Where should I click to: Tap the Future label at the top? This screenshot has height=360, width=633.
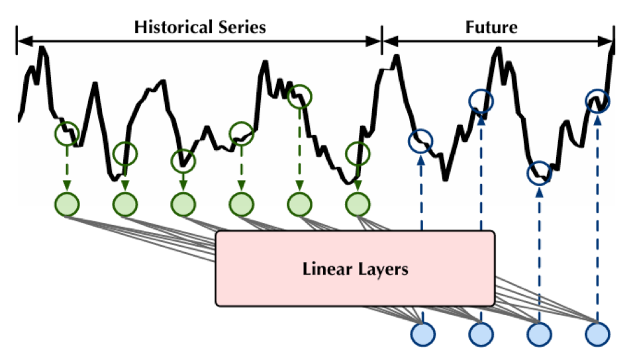coord(491,27)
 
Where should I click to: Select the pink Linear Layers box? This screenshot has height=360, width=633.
coord(355,268)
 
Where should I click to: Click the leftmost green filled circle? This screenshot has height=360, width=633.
coord(67,203)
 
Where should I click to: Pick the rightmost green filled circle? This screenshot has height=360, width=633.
coord(358,203)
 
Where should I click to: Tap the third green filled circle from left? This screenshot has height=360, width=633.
coord(183,203)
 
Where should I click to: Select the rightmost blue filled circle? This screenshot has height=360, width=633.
coord(598,332)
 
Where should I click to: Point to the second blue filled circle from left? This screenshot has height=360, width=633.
coord(481,332)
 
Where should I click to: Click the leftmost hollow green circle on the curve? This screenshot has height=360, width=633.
coord(67,134)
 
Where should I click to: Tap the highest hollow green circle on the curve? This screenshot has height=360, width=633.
coord(300,96)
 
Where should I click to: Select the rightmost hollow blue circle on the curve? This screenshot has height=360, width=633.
coord(598,101)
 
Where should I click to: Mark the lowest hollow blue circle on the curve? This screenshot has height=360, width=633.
coord(540,173)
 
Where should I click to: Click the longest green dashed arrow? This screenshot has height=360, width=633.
coord(300,149)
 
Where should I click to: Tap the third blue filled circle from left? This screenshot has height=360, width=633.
coord(540,332)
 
